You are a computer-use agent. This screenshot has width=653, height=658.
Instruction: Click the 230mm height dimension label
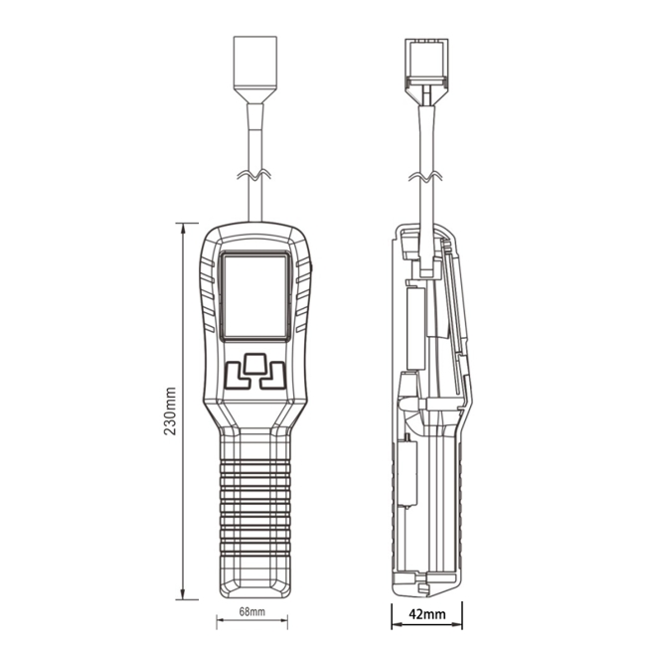tap(170, 411)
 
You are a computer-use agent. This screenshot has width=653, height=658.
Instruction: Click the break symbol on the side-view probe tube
tap(426, 176)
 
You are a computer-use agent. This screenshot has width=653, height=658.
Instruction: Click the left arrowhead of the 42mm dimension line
tap(394, 612)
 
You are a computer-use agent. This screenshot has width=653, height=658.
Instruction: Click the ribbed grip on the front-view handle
tap(255, 507)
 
